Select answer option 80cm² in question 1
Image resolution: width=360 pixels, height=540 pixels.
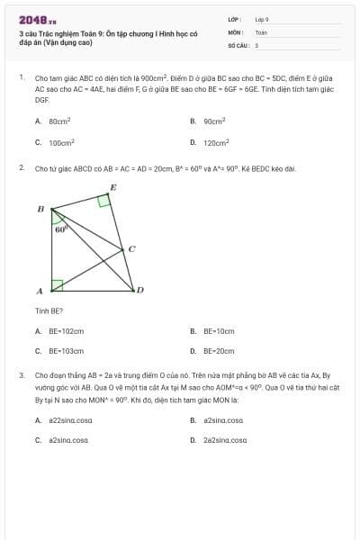(59, 121)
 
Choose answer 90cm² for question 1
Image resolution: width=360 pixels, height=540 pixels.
(214, 121)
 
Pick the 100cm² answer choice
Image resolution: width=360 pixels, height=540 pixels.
(61, 142)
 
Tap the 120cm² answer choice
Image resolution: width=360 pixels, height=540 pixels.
(216, 142)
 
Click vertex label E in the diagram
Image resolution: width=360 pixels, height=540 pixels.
(112, 187)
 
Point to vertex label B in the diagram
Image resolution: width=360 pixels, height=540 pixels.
(40, 209)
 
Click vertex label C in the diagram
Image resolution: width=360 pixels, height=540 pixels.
(131, 248)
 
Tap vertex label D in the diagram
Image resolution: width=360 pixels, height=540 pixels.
(139, 290)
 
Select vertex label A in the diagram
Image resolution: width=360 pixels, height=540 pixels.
(40, 291)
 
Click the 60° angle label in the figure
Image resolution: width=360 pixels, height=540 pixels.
(61, 229)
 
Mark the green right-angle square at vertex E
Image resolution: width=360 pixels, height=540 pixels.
(104, 201)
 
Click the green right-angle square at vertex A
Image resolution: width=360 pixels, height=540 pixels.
(57, 285)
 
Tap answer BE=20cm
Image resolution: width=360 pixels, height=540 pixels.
(218, 351)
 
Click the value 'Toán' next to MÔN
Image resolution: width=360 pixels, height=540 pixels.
(261, 31)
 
